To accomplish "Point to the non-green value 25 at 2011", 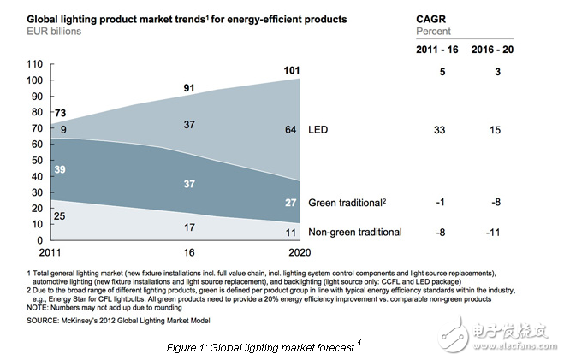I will click(x=61, y=217).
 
